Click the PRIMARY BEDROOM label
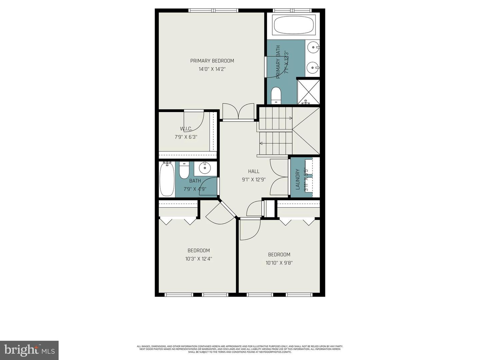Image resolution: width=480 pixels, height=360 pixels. coord(212,61)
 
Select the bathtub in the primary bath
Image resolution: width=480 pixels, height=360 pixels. coord(293,24)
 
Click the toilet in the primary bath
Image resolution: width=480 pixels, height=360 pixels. coord(276,95)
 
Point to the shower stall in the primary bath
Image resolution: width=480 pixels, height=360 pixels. coord(308,92)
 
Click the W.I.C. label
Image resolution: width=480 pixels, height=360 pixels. coord(186,129)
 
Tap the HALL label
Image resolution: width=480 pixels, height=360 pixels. coord(254,171)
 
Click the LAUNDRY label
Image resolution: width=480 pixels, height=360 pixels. coord(298,179)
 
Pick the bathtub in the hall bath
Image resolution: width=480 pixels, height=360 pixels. coord(166,179)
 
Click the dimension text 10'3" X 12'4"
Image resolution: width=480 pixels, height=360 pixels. coord(199,259)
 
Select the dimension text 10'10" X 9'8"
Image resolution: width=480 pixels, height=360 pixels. coord(279,263)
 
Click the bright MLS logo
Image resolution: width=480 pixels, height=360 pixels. coord(29,350)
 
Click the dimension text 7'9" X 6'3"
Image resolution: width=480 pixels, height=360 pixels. coord(186,137)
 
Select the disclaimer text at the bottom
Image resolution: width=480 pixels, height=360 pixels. coord(240,349)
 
